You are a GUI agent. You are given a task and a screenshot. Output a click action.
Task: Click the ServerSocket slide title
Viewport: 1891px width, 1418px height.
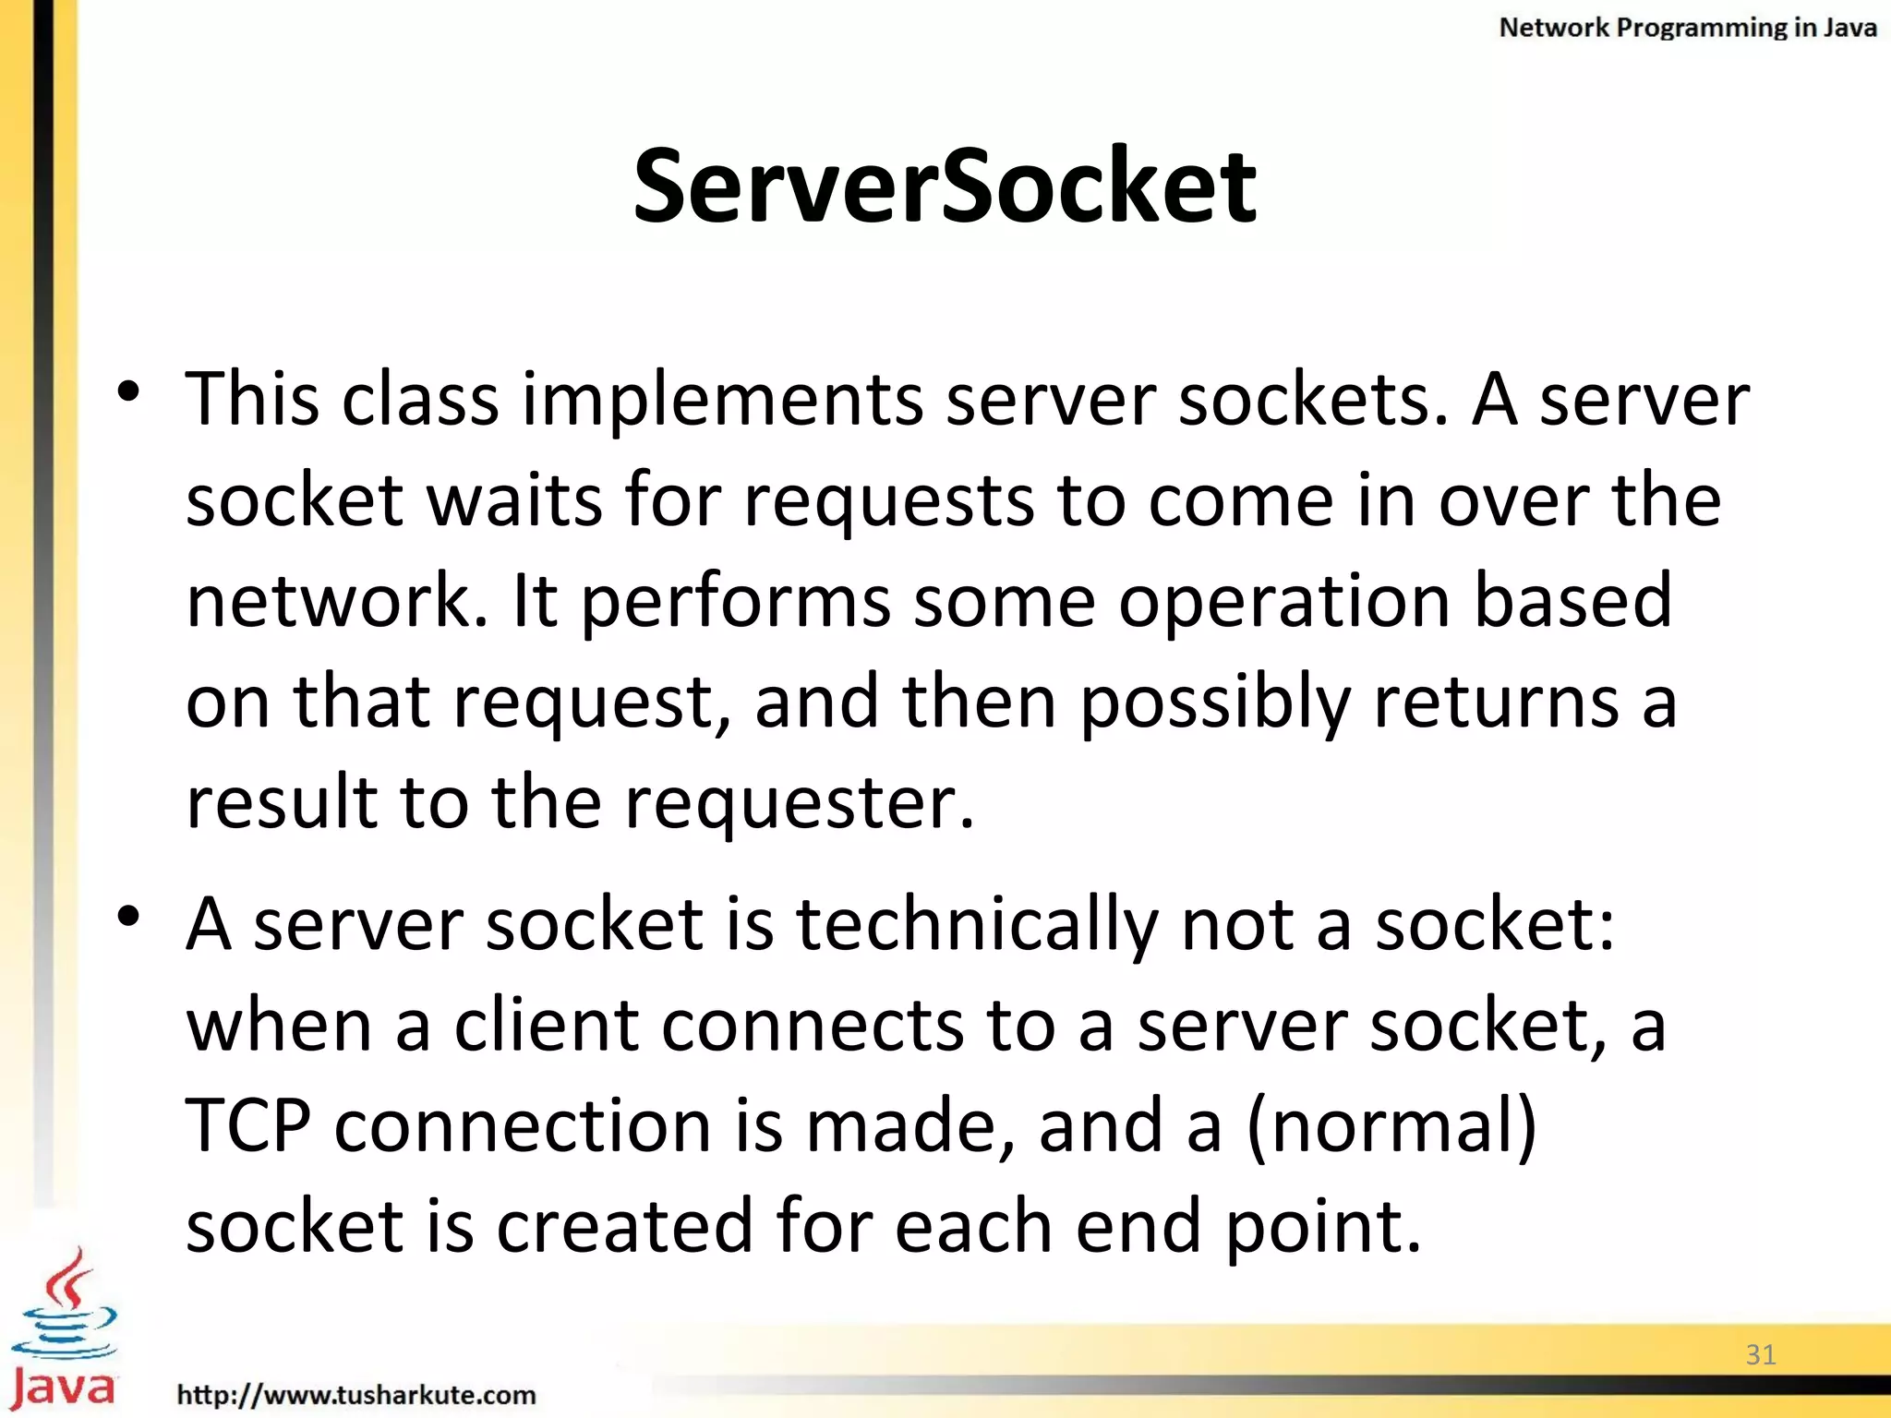coord(944,187)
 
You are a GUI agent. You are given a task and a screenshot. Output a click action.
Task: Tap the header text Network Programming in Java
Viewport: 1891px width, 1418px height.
coord(1687,28)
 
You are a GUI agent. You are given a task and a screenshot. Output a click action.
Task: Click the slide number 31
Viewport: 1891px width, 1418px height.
coord(1761,1354)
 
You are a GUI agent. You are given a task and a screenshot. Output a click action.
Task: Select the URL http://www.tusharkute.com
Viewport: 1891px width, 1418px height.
coord(356,1394)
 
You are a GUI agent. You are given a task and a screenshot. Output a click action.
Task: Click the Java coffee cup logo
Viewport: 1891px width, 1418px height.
coord(63,1329)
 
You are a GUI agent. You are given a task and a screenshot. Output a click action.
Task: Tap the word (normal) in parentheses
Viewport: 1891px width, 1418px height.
coord(1391,1126)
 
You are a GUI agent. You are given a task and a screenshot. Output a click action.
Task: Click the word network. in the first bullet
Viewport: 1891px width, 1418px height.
coord(337,602)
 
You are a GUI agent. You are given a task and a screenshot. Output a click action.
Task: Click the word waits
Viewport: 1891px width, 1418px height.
coord(514,501)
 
